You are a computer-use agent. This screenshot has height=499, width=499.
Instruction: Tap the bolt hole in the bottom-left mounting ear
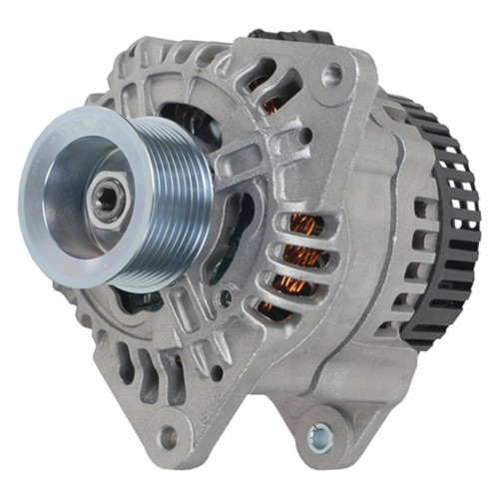click(167, 436)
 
